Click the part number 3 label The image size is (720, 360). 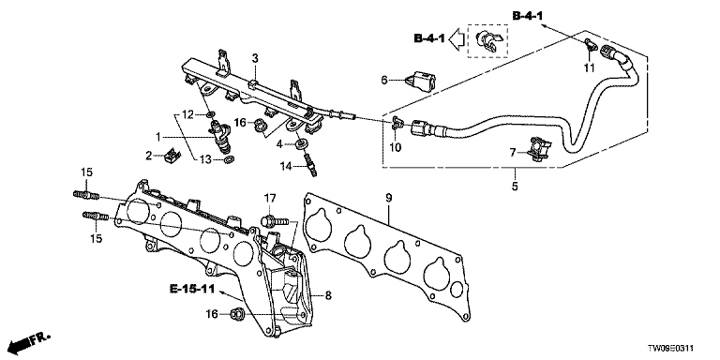(x=255, y=58)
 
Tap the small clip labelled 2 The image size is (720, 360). (x=172, y=157)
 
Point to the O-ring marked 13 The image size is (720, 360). (x=229, y=159)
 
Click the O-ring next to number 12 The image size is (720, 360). (x=210, y=113)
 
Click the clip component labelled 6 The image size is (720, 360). (x=420, y=80)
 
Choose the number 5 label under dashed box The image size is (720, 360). (x=515, y=187)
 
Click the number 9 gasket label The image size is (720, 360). (x=388, y=199)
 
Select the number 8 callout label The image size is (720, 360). (x=328, y=295)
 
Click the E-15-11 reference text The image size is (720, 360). (x=192, y=289)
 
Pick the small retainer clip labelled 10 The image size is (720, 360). (x=397, y=122)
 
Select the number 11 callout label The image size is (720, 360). (x=589, y=68)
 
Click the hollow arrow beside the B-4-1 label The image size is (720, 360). (x=457, y=38)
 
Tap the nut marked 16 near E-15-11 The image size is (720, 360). (x=237, y=314)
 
